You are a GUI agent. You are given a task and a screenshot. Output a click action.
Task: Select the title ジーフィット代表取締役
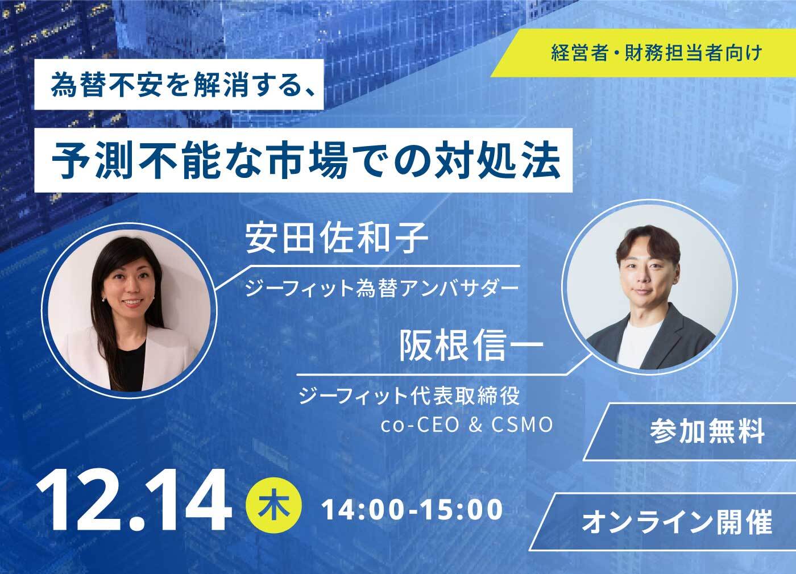[409, 396]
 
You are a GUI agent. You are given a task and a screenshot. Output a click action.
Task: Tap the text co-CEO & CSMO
[467, 426]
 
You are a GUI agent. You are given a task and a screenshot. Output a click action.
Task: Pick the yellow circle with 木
[273, 505]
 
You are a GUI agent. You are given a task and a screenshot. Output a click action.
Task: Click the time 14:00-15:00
[412, 509]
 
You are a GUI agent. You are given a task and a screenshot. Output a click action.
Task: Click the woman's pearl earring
[103, 300]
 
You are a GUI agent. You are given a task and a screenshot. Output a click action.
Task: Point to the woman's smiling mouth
[132, 302]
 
